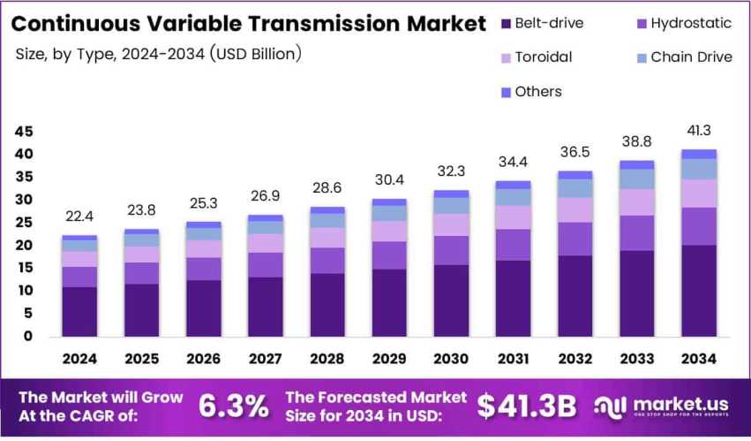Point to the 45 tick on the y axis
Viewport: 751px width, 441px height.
23,132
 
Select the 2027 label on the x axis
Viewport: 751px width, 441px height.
266,359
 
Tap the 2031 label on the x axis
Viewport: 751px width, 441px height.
513,359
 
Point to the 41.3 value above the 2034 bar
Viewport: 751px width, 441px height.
698,130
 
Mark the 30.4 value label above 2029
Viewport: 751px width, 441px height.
389,179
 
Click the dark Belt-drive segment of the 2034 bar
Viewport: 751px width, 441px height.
698,291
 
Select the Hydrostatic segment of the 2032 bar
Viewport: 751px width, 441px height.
575,239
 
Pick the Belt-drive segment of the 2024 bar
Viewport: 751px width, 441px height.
79,311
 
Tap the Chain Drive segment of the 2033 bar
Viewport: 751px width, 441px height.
636,179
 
